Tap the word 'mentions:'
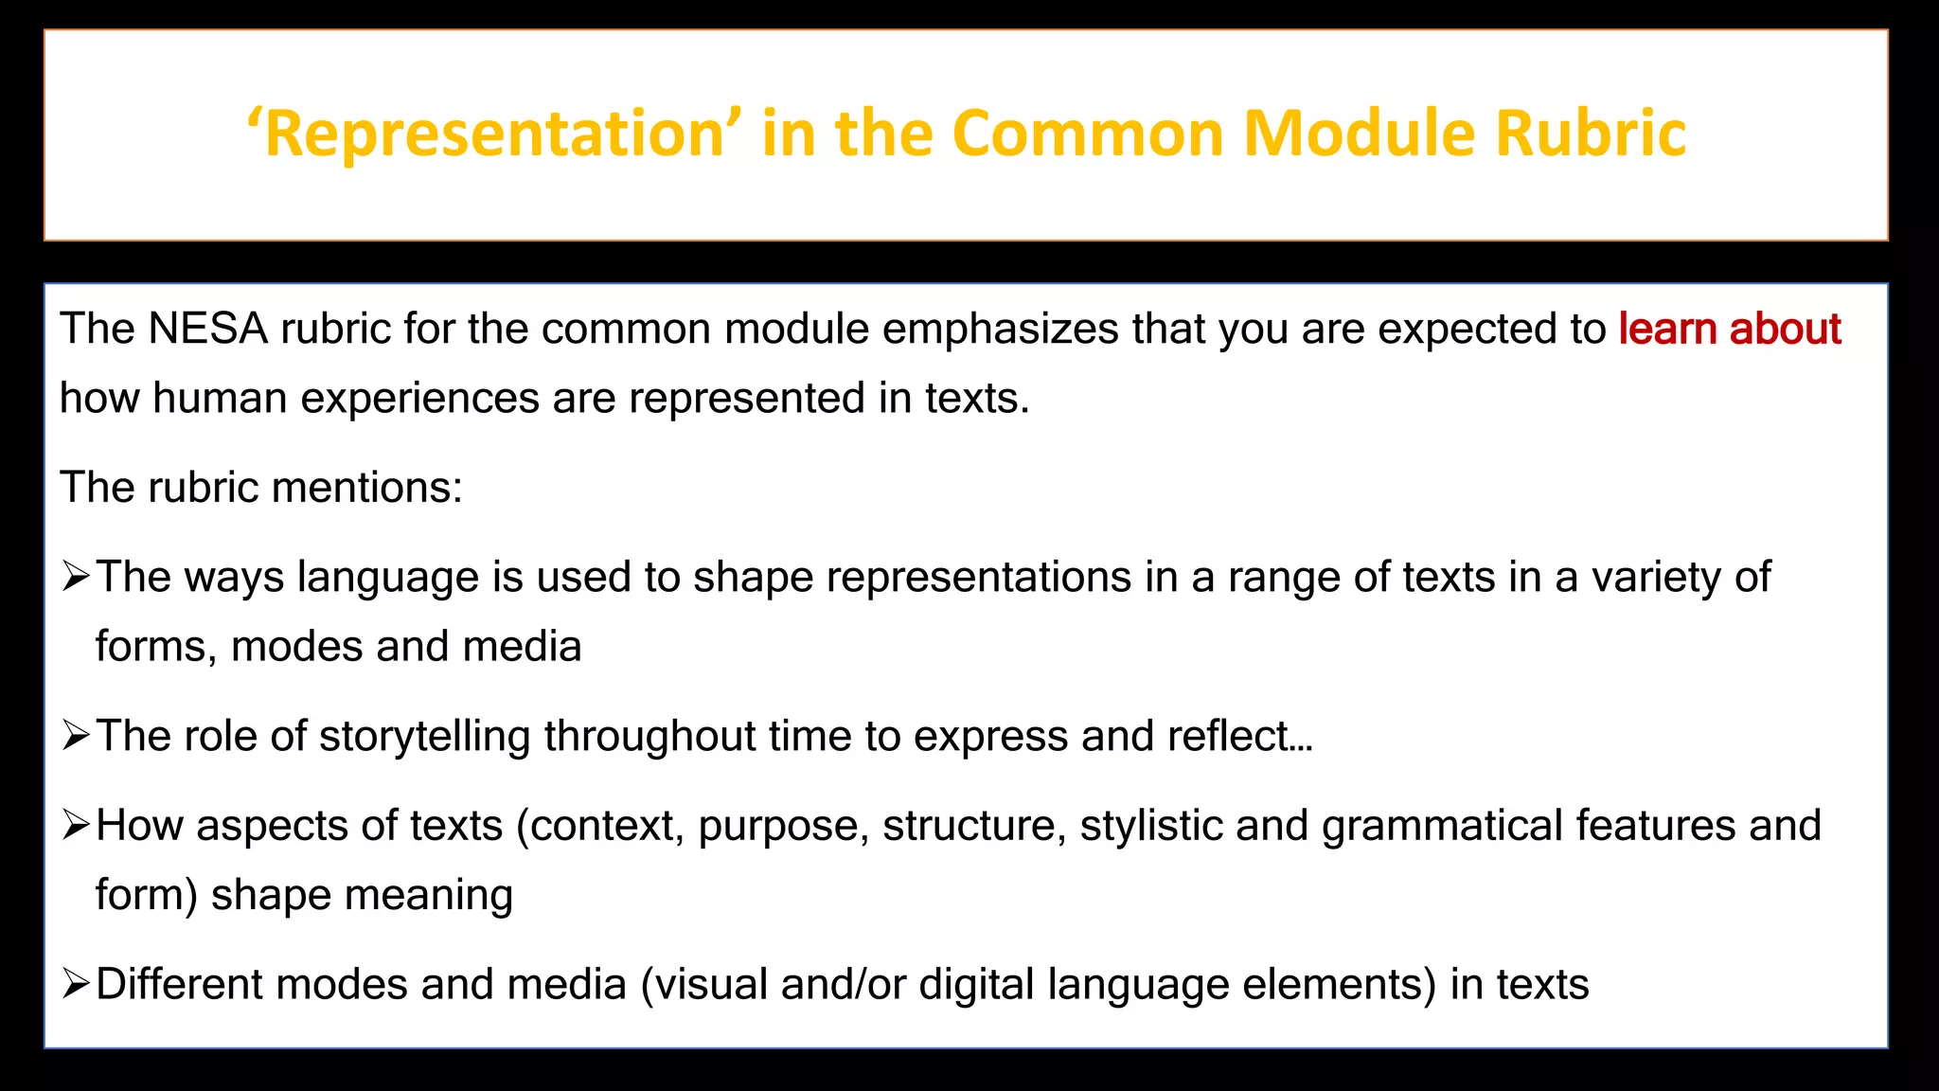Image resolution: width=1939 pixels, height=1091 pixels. (x=367, y=488)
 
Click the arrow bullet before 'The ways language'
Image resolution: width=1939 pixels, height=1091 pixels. (x=75, y=577)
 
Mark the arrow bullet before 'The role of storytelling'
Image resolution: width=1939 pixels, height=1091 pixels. (x=75, y=736)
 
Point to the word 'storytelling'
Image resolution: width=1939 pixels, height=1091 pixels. (x=424, y=736)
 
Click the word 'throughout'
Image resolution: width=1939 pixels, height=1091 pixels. (x=649, y=736)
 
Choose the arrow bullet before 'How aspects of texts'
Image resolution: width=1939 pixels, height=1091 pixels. (x=75, y=825)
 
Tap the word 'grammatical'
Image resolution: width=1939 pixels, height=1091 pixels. (x=1442, y=825)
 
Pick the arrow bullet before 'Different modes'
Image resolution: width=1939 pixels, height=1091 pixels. (x=75, y=984)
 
